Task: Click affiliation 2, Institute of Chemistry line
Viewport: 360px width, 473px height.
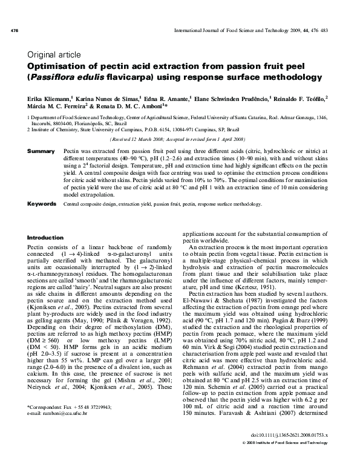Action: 128,129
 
